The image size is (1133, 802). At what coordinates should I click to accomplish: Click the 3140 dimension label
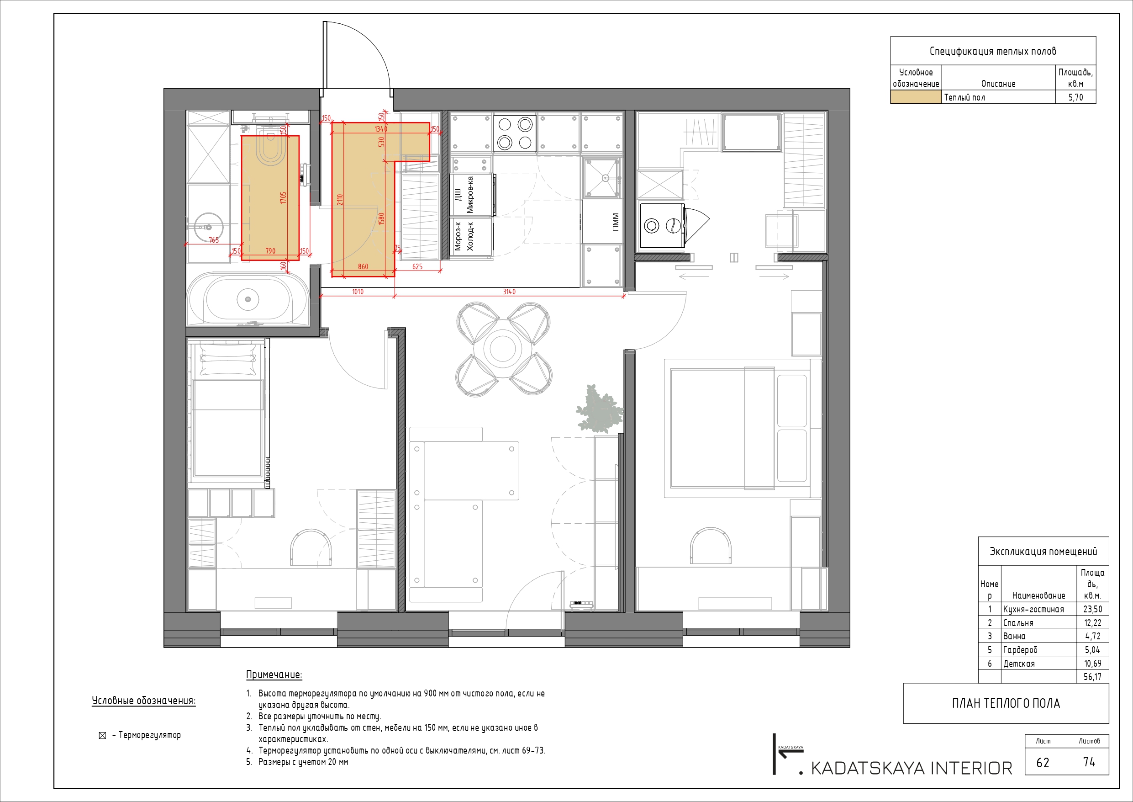pyautogui.click(x=509, y=292)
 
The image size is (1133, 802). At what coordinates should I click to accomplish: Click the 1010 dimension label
pyautogui.click(x=358, y=292)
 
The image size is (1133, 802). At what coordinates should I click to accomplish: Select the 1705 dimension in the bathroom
pyautogui.click(x=283, y=198)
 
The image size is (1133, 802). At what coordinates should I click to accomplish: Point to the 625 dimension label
pyautogui.click(x=417, y=267)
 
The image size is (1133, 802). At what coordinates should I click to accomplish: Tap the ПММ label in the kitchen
pyautogui.click(x=615, y=222)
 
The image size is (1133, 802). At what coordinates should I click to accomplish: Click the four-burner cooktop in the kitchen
pyautogui.click(x=515, y=133)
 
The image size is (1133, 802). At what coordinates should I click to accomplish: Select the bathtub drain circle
pyautogui.click(x=248, y=299)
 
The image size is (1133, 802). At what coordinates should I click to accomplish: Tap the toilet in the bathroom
pyautogui.click(x=270, y=147)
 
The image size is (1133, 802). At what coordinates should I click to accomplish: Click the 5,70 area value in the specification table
pyautogui.click(x=1075, y=97)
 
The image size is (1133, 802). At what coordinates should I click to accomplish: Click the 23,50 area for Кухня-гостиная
pyautogui.click(x=1092, y=610)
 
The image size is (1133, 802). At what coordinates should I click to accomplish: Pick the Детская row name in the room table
pyautogui.click(x=1018, y=664)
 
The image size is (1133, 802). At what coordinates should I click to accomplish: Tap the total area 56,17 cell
pyautogui.click(x=1092, y=677)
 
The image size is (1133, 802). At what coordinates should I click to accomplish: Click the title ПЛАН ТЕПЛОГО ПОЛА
pyautogui.click(x=1006, y=703)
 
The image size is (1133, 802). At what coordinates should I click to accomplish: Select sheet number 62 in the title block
pyautogui.click(x=1043, y=763)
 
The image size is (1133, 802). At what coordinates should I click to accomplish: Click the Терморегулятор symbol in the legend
pyautogui.click(x=103, y=736)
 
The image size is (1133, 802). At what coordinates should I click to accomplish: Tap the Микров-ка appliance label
pyautogui.click(x=470, y=195)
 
